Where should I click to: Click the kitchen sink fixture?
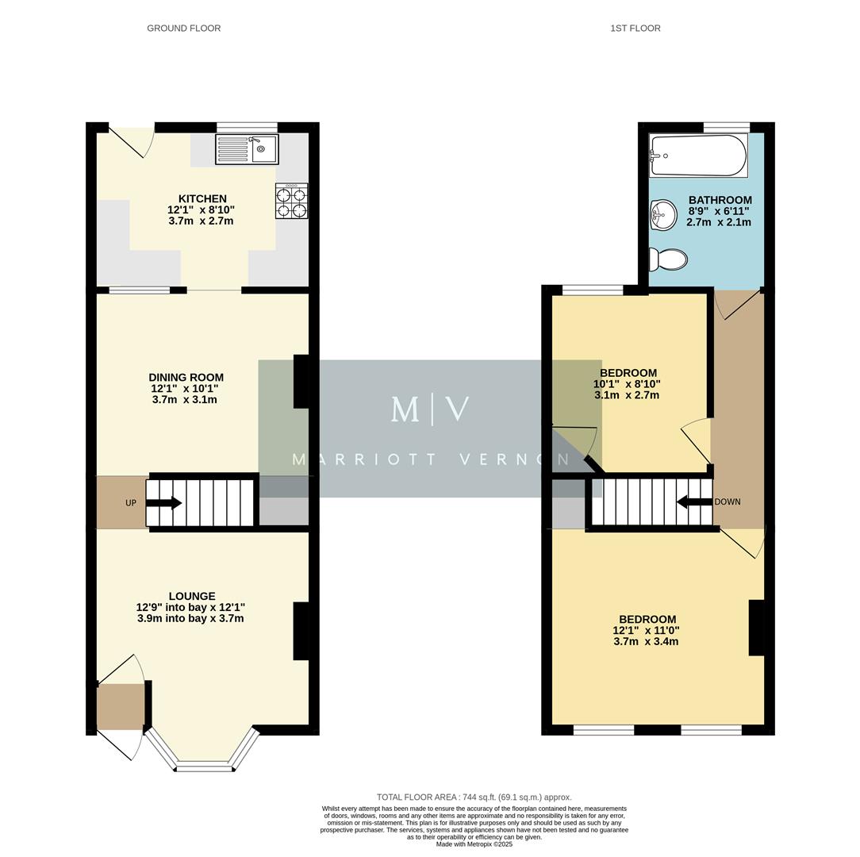coord(247,149)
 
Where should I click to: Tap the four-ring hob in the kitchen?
coord(291,201)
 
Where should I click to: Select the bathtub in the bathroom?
coord(698,156)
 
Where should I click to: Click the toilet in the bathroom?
coord(667,259)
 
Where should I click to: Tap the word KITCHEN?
coord(202,198)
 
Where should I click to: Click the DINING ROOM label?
coord(186,378)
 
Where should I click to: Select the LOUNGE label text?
coord(191,596)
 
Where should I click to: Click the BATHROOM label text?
coord(720,200)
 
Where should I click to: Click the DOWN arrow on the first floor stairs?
coord(694,502)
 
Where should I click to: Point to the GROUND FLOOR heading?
coord(183,29)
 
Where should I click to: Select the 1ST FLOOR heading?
coord(635,29)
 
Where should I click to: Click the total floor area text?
coord(474,797)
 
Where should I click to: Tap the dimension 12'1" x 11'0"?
coord(646,631)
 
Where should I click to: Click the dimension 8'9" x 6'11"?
coord(718,211)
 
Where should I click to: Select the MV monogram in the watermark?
coord(430,409)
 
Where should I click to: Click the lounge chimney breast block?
coord(301,631)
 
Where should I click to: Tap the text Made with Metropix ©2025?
coord(474,844)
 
